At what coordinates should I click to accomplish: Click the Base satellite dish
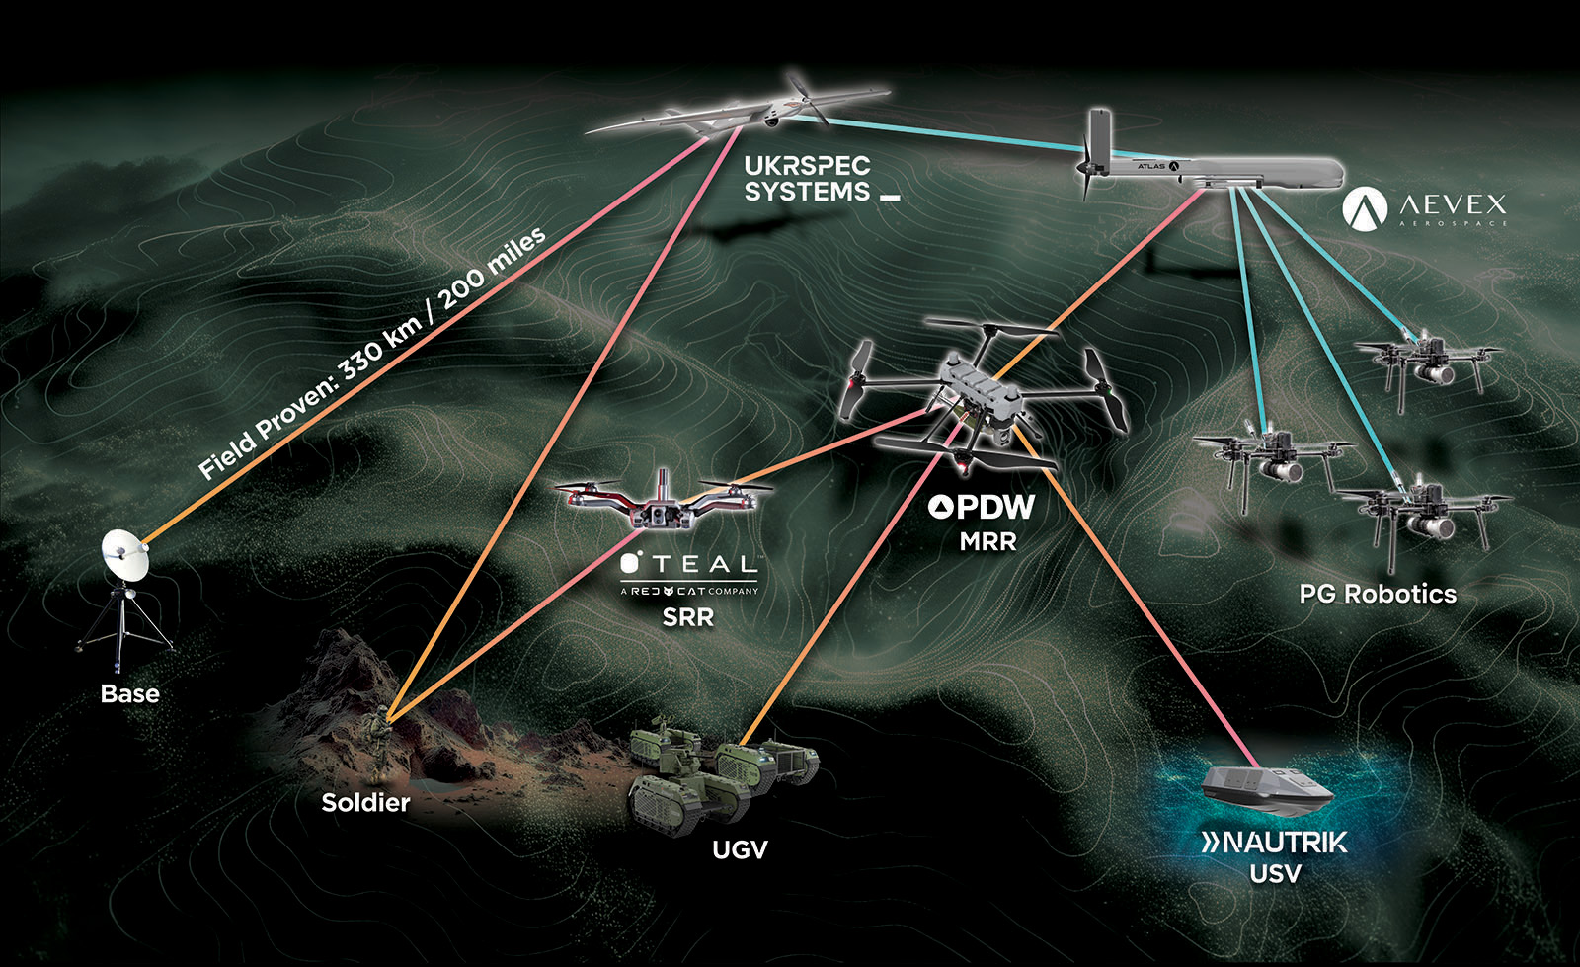(124, 556)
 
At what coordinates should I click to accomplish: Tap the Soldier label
(365, 803)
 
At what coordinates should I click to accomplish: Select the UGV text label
(740, 849)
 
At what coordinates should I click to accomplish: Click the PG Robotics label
(1378, 594)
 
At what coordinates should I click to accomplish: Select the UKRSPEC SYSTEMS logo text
(809, 179)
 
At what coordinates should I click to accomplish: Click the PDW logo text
(983, 508)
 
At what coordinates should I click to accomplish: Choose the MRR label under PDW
(987, 541)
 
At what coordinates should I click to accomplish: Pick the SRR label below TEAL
(687, 619)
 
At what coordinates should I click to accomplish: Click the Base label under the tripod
(129, 694)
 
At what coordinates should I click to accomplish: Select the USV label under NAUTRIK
(1275, 874)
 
